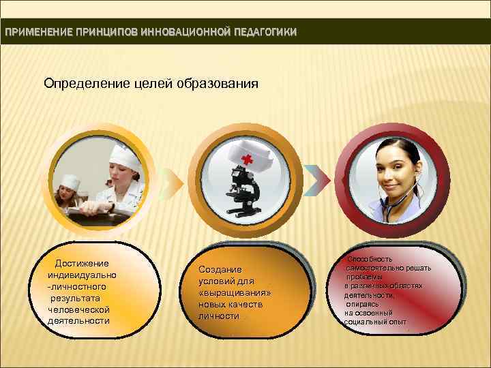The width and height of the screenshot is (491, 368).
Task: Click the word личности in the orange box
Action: (218, 316)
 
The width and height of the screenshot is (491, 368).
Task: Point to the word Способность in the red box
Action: (370, 259)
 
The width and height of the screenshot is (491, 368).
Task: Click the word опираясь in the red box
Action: (361, 303)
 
